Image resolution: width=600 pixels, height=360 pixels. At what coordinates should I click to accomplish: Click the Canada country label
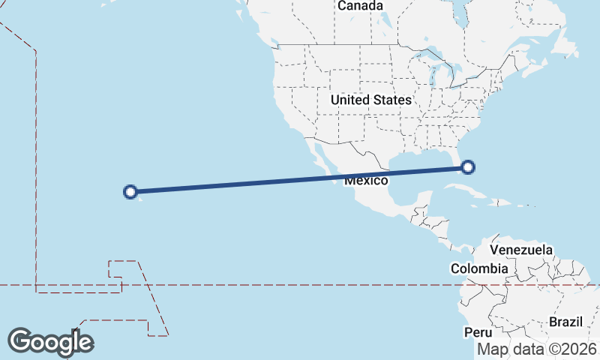pos(360,6)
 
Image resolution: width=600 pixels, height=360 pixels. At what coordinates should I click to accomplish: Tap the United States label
pos(370,100)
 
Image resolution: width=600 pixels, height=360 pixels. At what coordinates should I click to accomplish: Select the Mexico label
pos(366,181)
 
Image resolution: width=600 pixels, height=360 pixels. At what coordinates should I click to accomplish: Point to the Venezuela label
pos(521,250)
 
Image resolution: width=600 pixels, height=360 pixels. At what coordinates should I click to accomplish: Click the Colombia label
pos(479,268)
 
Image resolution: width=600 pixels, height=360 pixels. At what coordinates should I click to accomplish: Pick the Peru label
pos(477,332)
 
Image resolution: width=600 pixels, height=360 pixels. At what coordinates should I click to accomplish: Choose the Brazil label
pos(565,322)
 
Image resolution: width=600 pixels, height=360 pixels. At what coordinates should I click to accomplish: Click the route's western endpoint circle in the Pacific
pos(130,192)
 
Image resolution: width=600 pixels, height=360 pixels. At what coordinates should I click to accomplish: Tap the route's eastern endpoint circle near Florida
pos(468,167)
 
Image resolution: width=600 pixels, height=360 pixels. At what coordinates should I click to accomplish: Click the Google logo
pos(50,342)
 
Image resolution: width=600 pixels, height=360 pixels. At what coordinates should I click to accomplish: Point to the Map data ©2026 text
pos(538,349)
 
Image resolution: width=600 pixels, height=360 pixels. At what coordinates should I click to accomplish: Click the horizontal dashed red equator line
pos(300,285)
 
